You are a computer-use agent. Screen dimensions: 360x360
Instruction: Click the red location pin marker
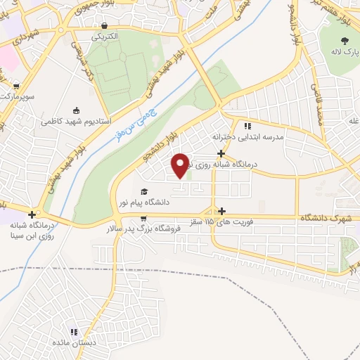point(181,165)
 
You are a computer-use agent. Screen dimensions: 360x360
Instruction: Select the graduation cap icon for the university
point(144,191)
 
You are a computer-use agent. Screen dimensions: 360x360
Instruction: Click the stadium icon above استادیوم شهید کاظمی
point(76,110)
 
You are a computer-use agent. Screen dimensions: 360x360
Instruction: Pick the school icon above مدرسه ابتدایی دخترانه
point(247,126)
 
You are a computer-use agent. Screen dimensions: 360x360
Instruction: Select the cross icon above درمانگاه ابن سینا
point(32,214)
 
